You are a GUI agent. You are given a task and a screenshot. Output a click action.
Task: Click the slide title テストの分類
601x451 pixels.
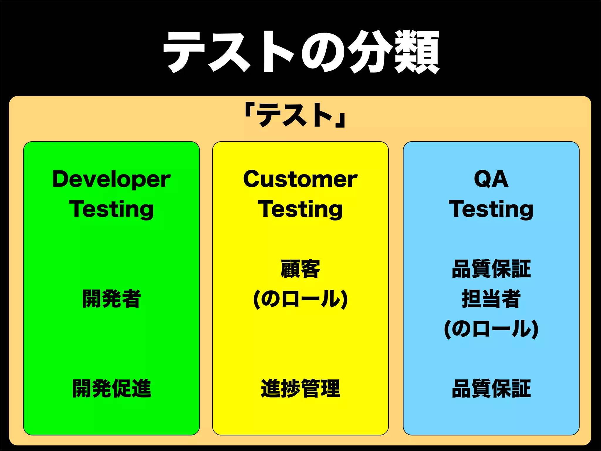(x=301, y=52)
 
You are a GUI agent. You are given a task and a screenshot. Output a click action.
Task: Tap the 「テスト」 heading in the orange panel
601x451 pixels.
(x=296, y=115)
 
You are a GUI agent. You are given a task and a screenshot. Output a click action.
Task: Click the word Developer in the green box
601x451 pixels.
(x=112, y=179)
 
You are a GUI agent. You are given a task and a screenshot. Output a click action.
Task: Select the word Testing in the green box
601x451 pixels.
(x=112, y=209)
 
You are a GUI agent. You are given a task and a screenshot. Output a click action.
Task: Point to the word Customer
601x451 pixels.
(x=300, y=179)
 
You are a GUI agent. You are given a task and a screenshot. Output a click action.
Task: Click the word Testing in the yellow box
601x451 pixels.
(x=300, y=209)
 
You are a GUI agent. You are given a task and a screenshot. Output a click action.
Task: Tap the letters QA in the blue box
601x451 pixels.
(x=491, y=179)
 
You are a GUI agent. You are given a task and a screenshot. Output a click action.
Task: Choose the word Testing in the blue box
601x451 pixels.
(x=491, y=209)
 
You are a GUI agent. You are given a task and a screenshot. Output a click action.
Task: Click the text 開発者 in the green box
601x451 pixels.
(x=112, y=299)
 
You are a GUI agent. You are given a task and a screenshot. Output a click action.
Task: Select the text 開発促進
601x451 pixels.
(x=112, y=388)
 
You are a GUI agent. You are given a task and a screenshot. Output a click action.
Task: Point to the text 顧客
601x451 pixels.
(x=300, y=269)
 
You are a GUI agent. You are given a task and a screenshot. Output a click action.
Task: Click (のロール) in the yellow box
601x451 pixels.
(x=300, y=299)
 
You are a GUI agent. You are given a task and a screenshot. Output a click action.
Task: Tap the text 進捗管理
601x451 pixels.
(x=300, y=388)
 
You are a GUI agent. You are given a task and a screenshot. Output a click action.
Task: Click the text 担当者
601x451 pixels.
(x=491, y=299)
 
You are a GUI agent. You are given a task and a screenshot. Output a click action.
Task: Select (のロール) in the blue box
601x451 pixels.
(x=491, y=329)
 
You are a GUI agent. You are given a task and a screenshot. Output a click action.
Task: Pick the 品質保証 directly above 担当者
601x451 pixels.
(x=491, y=269)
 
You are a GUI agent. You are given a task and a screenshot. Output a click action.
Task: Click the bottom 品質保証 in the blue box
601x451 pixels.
(x=491, y=388)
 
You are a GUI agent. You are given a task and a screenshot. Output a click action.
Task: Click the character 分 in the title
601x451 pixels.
(x=370, y=52)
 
